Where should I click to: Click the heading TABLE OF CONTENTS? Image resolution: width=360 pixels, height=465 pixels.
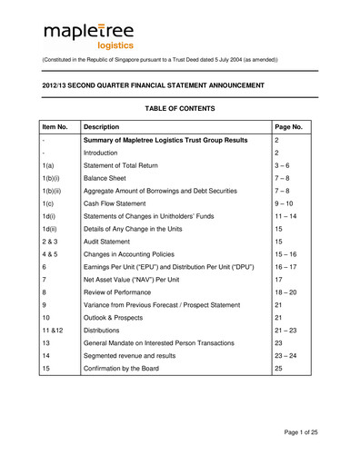pos(180,109)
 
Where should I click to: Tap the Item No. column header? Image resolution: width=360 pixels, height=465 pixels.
pos(56,128)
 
